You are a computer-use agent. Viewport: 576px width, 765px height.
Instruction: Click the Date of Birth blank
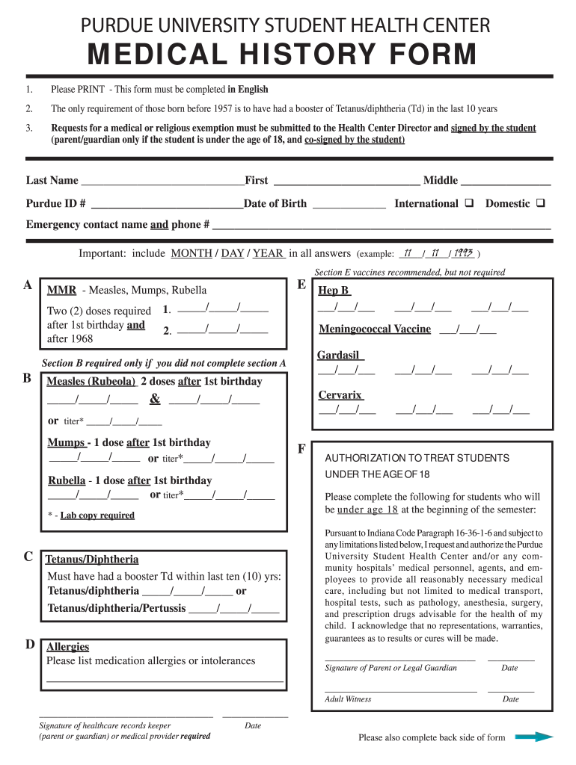tap(349, 205)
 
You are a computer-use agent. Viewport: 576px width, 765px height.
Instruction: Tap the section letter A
tap(28, 285)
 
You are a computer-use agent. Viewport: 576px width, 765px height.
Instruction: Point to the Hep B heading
tap(334, 291)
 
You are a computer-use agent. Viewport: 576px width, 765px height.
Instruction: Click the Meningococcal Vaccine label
tap(375, 329)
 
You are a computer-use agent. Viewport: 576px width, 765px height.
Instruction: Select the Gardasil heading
tap(338, 355)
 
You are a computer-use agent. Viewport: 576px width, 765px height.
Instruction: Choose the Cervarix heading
tap(340, 394)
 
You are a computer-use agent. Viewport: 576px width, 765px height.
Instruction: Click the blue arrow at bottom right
tap(534, 737)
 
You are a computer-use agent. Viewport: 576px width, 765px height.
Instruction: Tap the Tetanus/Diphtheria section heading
tap(92, 560)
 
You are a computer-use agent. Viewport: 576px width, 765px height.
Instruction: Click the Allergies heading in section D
tap(67, 646)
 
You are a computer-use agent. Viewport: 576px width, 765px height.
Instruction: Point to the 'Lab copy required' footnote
tap(97, 515)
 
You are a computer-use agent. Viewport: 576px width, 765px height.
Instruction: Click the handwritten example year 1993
tap(462, 253)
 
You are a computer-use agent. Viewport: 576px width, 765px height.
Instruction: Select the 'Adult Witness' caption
tap(348, 699)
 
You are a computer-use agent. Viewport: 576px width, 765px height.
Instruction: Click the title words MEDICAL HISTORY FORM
tap(282, 55)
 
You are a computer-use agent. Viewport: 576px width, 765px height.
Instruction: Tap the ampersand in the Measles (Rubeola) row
tap(155, 399)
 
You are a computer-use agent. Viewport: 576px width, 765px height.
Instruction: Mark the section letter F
tap(301, 448)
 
